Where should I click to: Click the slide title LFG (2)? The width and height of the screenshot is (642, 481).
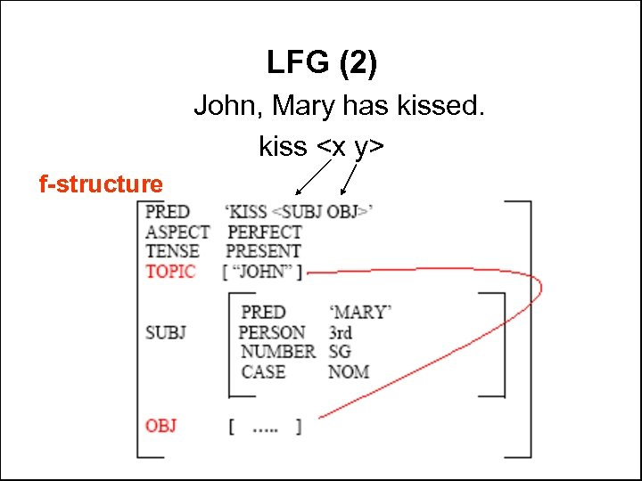coord(322,63)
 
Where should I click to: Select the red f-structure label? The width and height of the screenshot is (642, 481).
coord(101,184)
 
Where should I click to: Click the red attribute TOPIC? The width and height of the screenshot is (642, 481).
coord(170,272)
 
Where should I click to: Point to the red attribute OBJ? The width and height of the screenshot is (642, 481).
coord(161,426)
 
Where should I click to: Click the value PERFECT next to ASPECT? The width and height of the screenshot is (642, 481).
coord(265,232)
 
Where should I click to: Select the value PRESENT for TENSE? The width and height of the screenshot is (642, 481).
coord(263,251)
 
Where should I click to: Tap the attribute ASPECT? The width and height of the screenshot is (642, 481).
coord(177,232)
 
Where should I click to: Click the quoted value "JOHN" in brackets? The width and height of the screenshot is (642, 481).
coord(262,272)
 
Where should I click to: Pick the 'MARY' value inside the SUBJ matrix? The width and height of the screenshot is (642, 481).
coord(360,313)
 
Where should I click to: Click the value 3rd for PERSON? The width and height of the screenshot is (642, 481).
coord(340,332)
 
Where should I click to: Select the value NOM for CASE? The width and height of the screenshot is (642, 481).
coord(348,371)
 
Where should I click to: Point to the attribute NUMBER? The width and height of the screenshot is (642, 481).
coord(277,352)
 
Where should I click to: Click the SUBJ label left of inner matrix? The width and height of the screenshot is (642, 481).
coord(166,332)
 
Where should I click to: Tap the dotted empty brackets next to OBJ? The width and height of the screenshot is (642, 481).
coord(265,427)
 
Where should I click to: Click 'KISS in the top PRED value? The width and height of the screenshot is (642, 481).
coord(248,212)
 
